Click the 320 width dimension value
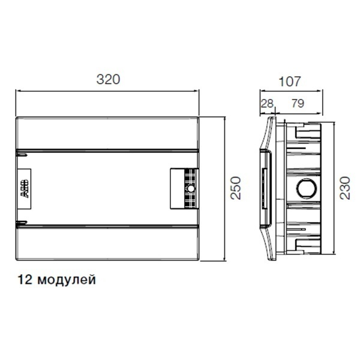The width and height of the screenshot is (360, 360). (108, 79)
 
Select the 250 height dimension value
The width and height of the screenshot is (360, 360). (236, 188)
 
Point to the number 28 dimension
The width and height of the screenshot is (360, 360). (266, 103)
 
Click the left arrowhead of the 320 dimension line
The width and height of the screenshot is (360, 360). (17, 91)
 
